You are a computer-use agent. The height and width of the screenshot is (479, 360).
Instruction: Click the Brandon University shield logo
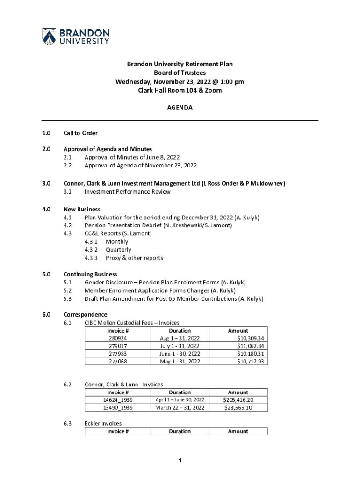49,36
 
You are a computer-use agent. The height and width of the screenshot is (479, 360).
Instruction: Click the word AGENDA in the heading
180,108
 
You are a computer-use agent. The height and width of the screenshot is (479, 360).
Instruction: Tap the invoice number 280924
118,338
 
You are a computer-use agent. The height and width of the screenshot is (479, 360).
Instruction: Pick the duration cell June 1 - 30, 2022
180,354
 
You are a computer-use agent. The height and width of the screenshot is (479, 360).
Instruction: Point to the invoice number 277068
118,362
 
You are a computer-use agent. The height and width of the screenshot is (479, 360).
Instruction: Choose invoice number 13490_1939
118,408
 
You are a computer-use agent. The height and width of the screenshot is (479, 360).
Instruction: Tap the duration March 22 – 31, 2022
180,408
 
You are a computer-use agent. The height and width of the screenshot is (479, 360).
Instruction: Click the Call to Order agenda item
80,133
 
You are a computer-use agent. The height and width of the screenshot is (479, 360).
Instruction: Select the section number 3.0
46,183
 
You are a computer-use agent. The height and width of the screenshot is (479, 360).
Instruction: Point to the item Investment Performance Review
127,192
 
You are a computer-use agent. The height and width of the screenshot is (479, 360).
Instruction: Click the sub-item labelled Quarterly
118,250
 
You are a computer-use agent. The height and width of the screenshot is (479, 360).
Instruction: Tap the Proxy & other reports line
134,258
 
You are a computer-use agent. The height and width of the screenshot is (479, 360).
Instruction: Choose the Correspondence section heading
85,314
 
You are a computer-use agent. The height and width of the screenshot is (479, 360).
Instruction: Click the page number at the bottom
180,461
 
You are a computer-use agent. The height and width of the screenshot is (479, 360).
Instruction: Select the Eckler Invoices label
103,423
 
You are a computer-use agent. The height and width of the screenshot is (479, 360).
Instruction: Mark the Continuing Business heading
90,274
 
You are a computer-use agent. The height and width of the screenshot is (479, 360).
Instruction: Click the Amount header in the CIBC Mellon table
238,330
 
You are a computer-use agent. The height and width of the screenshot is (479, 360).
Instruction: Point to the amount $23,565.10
238,408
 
